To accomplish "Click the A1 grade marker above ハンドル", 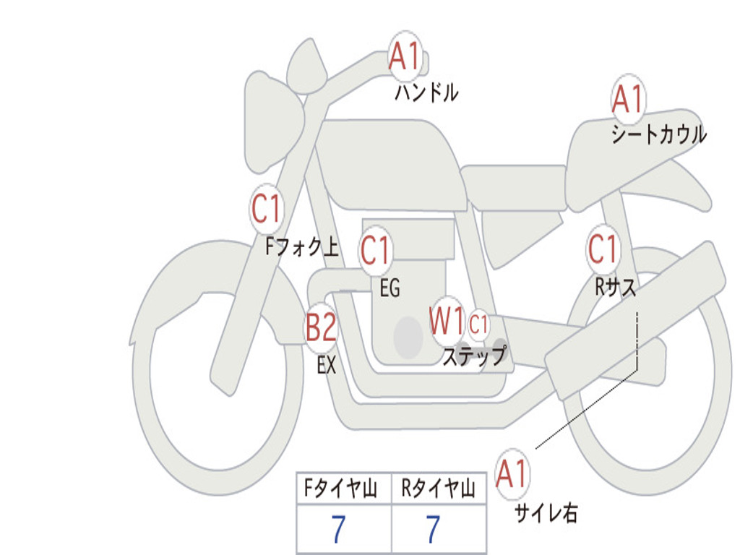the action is coord(405,56).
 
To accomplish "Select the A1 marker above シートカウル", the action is coord(627,99).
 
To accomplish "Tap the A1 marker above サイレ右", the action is coord(512,473).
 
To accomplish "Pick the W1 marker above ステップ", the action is coord(447,322).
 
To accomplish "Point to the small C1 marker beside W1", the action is coord(478,325).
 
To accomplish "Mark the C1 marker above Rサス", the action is coord(603,249).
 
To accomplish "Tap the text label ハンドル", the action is coord(426,92).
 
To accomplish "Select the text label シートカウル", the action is coord(658,135).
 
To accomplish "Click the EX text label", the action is coord(327,365).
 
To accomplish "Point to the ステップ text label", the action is coord(474,356).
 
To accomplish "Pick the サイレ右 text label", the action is coord(546,513).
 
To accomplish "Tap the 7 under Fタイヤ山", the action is coord(338,530).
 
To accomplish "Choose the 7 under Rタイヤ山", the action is coord(432,530).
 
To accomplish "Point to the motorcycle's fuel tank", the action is coord(390,163).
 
